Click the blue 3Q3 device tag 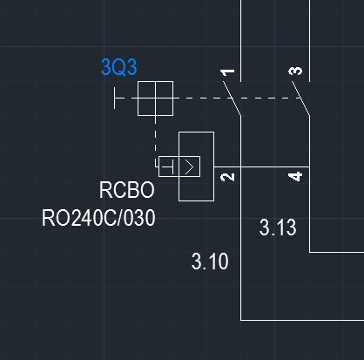[x=119, y=67]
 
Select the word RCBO [x=127, y=190]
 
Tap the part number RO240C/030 [x=98, y=218]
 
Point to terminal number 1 [x=227, y=72]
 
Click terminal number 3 [x=295, y=71]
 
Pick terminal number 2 [x=227, y=177]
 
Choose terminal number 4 [x=295, y=176]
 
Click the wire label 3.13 [x=278, y=228]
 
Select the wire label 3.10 [x=210, y=262]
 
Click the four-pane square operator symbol [x=155, y=98]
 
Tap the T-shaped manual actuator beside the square [x=118, y=98]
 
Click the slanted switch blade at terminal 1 [x=232, y=98]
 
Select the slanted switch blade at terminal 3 [x=300, y=98]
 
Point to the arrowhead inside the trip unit [x=189, y=167]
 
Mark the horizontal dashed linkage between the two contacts [x=238, y=98]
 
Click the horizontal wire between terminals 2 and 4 [x=262, y=167]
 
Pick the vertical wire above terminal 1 [x=240, y=41]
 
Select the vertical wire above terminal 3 [x=309, y=41]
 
